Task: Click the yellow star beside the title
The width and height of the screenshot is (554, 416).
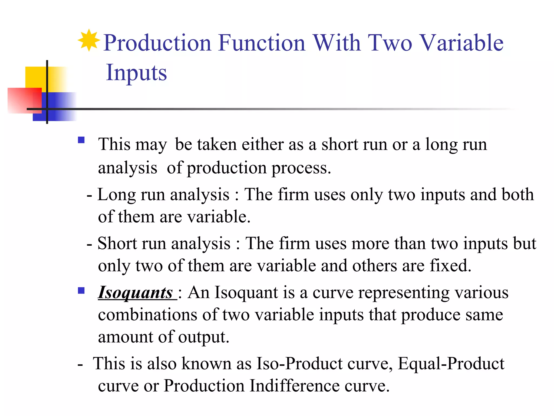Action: pos(89,41)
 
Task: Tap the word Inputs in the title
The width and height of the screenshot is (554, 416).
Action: pos(136,73)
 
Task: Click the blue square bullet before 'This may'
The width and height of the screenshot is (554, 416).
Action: pos(81,140)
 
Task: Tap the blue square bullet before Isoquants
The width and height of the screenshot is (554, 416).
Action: pos(81,291)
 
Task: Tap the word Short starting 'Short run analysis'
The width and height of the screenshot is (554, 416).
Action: pos(117,243)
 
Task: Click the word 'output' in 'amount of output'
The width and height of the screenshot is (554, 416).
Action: pos(203,337)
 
